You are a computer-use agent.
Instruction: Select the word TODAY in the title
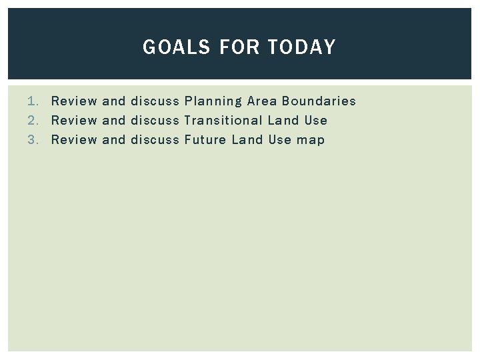pos(302,47)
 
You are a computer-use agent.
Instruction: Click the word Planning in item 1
pos(213,101)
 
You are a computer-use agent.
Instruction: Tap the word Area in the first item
pos(261,101)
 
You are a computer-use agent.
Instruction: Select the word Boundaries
pos(319,101)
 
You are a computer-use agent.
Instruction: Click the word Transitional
pos(223,121)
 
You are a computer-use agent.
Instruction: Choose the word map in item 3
pos(311,141)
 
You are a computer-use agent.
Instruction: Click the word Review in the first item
pos(74,101)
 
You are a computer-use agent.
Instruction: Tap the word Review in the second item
pos(74,121)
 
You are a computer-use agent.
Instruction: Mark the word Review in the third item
pos(74,140)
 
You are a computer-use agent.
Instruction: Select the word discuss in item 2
pos(155,121)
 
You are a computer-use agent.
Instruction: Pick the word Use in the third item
pos(280,140)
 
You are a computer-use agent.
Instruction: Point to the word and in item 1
pos(114,101)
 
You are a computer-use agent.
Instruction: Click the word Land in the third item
pos(248,140)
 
